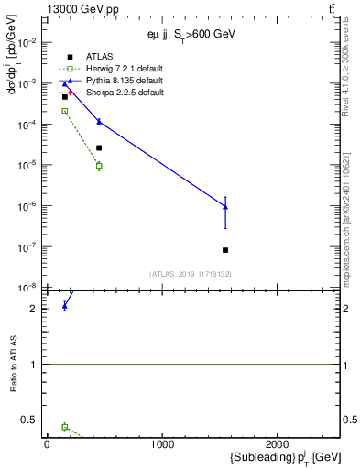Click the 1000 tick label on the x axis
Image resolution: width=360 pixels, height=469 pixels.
coord(163,444)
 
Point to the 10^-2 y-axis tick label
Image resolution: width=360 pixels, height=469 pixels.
coord(27,43)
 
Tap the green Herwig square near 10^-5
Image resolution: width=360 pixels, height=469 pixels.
coord(99,166)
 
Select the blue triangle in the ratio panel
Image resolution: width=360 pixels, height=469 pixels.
coord(64,306)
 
